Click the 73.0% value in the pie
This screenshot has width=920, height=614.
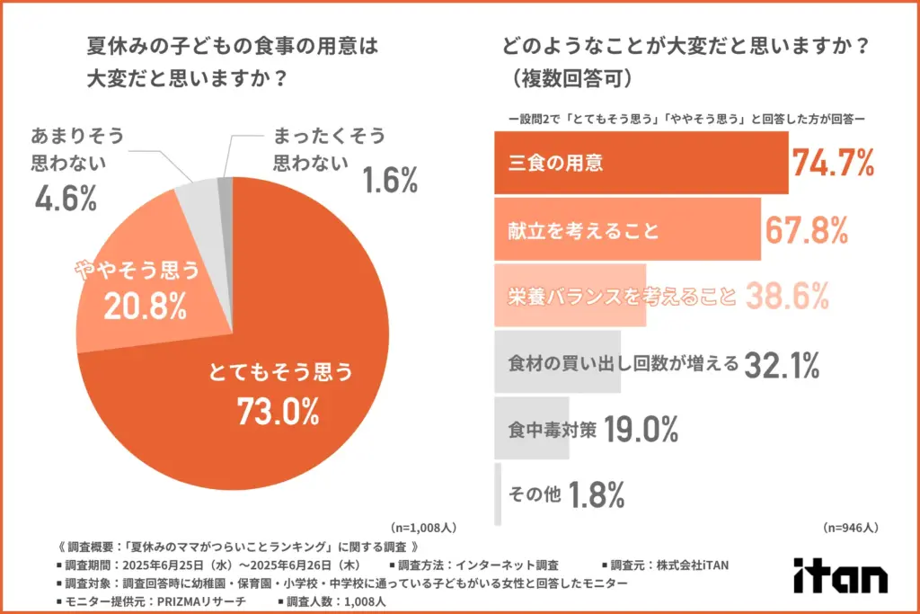(x=278, y=412)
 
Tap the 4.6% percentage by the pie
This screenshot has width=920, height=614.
(x=65, y=199)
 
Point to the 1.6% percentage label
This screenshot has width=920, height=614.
(x=391, y=181)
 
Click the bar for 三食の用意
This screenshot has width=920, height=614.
(x=641, y=163)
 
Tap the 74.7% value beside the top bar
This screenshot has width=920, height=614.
(x=833, y=163)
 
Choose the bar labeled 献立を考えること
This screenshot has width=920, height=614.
(x=627, y=230)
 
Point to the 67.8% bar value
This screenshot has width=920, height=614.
(x=806, y=230)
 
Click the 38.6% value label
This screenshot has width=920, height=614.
(x=786, y=296)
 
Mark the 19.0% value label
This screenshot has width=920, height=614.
(x=641, y=430)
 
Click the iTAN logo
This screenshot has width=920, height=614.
(x=840, y=576)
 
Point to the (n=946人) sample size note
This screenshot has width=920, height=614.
(x=850, y=528)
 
